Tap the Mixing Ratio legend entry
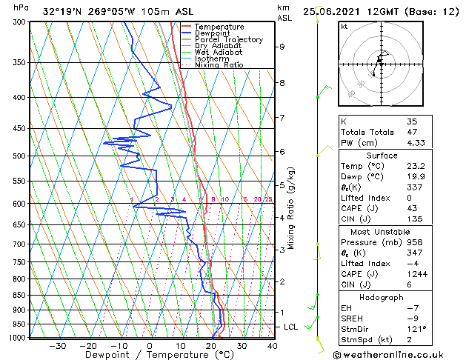click(x=219, y=65)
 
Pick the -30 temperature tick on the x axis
click(x=57, y=346)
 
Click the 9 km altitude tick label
click(x=282, y=47)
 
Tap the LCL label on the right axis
click(x=291, y=327)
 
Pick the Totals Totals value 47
click(x=412, y=132)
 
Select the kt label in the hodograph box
click(x=344, y=27)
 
